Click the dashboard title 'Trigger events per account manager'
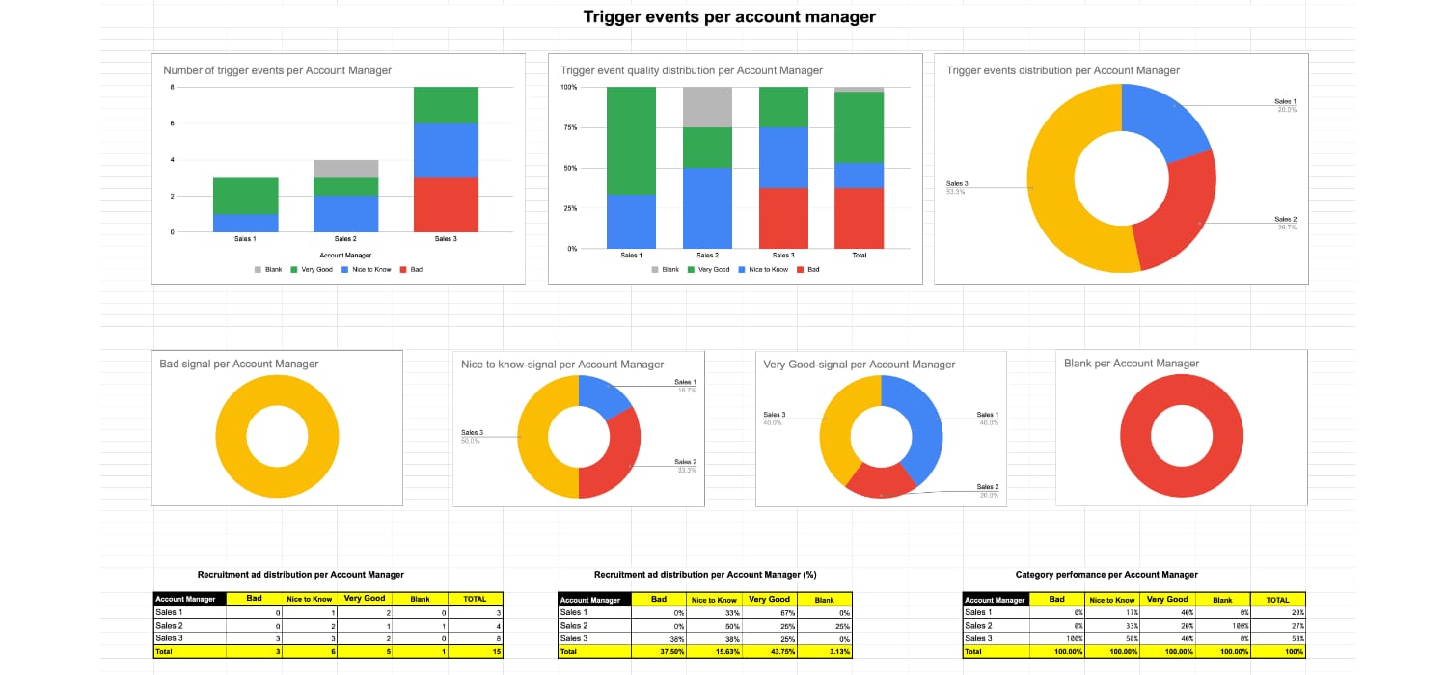pos(729,16)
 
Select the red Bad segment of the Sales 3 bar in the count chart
pos(447,204)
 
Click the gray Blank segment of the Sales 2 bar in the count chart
pos(344,168)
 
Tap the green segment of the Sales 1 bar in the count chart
pos(245,196)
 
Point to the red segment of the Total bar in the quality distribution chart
pos(859,218)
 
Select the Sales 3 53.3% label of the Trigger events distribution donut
pos(957,187)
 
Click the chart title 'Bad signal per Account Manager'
pos(238,364)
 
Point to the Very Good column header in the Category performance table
pos(1167,599)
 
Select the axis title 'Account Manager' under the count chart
pos(344,256)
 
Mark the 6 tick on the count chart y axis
pos(173,123)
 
